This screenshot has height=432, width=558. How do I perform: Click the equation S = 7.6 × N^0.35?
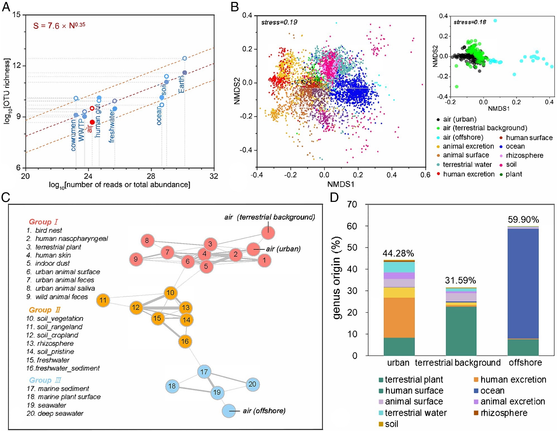pos(59,26)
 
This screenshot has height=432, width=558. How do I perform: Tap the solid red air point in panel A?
pos(92,122)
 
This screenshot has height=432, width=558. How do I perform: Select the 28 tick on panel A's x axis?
pos(151,176)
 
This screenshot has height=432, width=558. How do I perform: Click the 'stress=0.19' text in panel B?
pos(279,22)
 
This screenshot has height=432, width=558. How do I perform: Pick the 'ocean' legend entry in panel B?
pos(515,146)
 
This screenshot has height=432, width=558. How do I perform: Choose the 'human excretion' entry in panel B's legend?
pos(468,174)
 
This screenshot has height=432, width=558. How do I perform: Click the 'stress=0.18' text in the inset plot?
pos(470,22)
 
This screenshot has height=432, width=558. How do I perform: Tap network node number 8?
pos(147,240)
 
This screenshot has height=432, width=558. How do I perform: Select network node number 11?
pos(103,300)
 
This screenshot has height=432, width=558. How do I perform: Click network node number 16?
pos(185,341)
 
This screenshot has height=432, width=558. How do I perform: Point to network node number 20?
pos(252,384)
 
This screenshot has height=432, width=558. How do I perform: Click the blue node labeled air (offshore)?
pos(229,411)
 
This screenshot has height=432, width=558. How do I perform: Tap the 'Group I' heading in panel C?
pos(43,222)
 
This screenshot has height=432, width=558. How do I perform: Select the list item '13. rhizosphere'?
pos(50,343)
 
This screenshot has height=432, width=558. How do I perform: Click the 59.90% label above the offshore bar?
pos(523,220)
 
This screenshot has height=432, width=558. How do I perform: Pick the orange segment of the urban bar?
pos(399,318)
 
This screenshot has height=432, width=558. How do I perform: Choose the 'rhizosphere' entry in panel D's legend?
pos(504,413)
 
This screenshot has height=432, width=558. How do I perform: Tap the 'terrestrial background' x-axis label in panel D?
pos(458,363)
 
